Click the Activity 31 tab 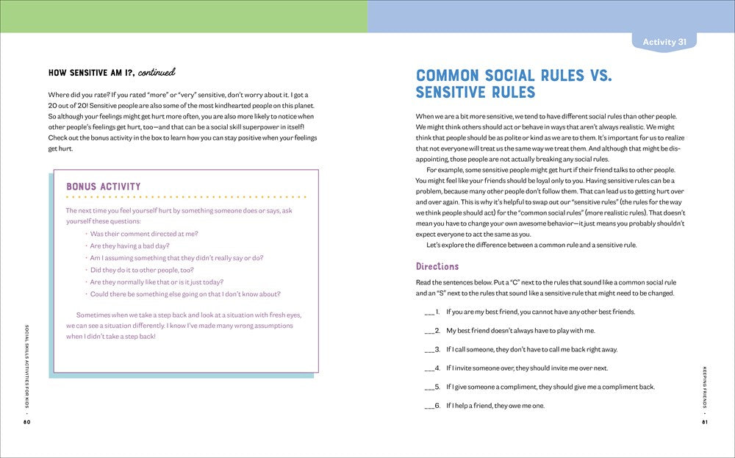(664, 42)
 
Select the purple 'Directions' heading (437, 266)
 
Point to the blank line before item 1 (430, 313)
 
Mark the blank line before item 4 (430, 369)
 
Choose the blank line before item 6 (430, 407)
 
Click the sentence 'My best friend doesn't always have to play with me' (520, 331)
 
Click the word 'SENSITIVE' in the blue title (451, 93)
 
